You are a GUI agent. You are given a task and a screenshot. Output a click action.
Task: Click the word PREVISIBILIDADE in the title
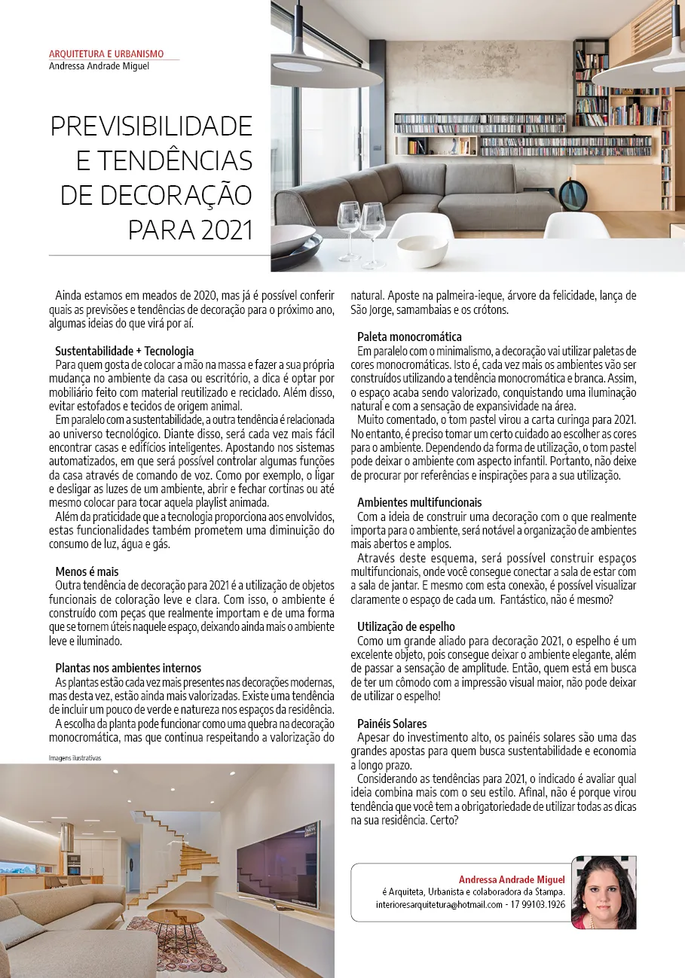click(x=151, y=126)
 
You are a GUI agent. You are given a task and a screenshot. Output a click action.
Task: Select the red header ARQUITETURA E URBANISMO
click(x=106, y=54)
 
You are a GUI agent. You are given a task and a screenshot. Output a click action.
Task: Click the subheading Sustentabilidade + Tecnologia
click(x=124, y=351)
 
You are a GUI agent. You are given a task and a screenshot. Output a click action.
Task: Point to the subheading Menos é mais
click(x=87, y=571)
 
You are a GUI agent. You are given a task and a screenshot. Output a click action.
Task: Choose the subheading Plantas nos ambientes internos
click(x=128, y=668)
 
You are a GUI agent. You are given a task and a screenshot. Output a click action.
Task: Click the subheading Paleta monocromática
click(x=409, y=337)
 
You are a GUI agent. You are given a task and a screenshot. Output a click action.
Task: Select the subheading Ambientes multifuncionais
click(x=419, y=502)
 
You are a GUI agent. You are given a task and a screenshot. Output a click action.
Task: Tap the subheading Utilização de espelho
click(x=406, y=626)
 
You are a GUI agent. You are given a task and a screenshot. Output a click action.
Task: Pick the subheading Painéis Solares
click(x=392, y=724)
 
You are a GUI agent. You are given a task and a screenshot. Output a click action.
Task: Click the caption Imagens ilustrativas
click(x=75, y=758)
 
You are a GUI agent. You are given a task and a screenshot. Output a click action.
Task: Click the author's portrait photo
click(x=604, y=892)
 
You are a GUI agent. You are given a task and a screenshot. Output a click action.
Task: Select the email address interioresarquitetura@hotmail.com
click(x=439, y=904)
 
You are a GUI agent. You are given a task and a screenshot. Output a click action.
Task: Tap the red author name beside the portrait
click(x=512, y=879)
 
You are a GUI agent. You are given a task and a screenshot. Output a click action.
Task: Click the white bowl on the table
click(x=422, y=251)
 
